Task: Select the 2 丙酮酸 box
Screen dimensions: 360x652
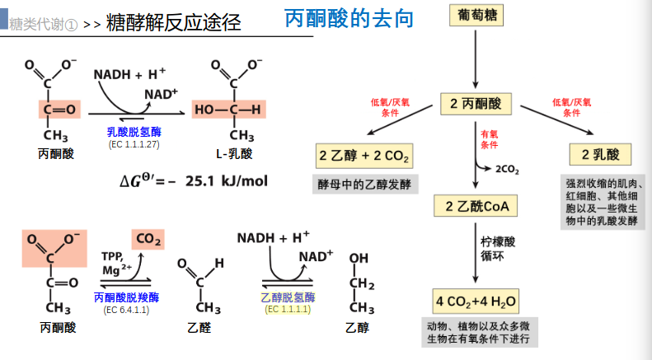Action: (476, 104)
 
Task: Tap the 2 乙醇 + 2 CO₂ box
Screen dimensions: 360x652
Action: (364, 157)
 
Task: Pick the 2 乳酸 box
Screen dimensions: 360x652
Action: (600, 154)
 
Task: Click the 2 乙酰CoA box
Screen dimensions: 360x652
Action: (476, 206)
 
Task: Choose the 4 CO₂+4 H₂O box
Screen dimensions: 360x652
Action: (476, 298)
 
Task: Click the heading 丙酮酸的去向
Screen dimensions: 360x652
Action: (349, 18)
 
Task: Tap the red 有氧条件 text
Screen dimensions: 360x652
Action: (489, 139)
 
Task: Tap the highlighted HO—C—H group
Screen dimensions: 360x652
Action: (227, 109)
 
